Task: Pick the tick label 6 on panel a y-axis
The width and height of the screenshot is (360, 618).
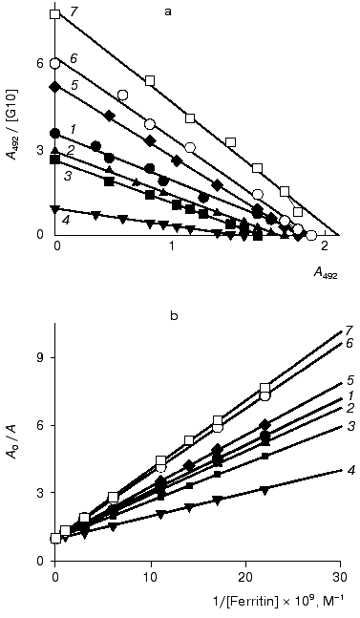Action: [x=41, y=63]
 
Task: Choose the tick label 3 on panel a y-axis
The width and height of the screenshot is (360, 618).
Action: [x=41, y=150]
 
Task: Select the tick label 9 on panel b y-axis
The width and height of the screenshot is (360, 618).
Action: [x=41, y=356]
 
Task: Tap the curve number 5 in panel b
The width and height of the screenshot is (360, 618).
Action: [x=349, y=379]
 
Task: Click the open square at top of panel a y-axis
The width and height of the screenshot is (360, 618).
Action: [x=55, y=14]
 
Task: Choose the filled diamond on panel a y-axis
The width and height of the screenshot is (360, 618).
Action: [x=55, y=87]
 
